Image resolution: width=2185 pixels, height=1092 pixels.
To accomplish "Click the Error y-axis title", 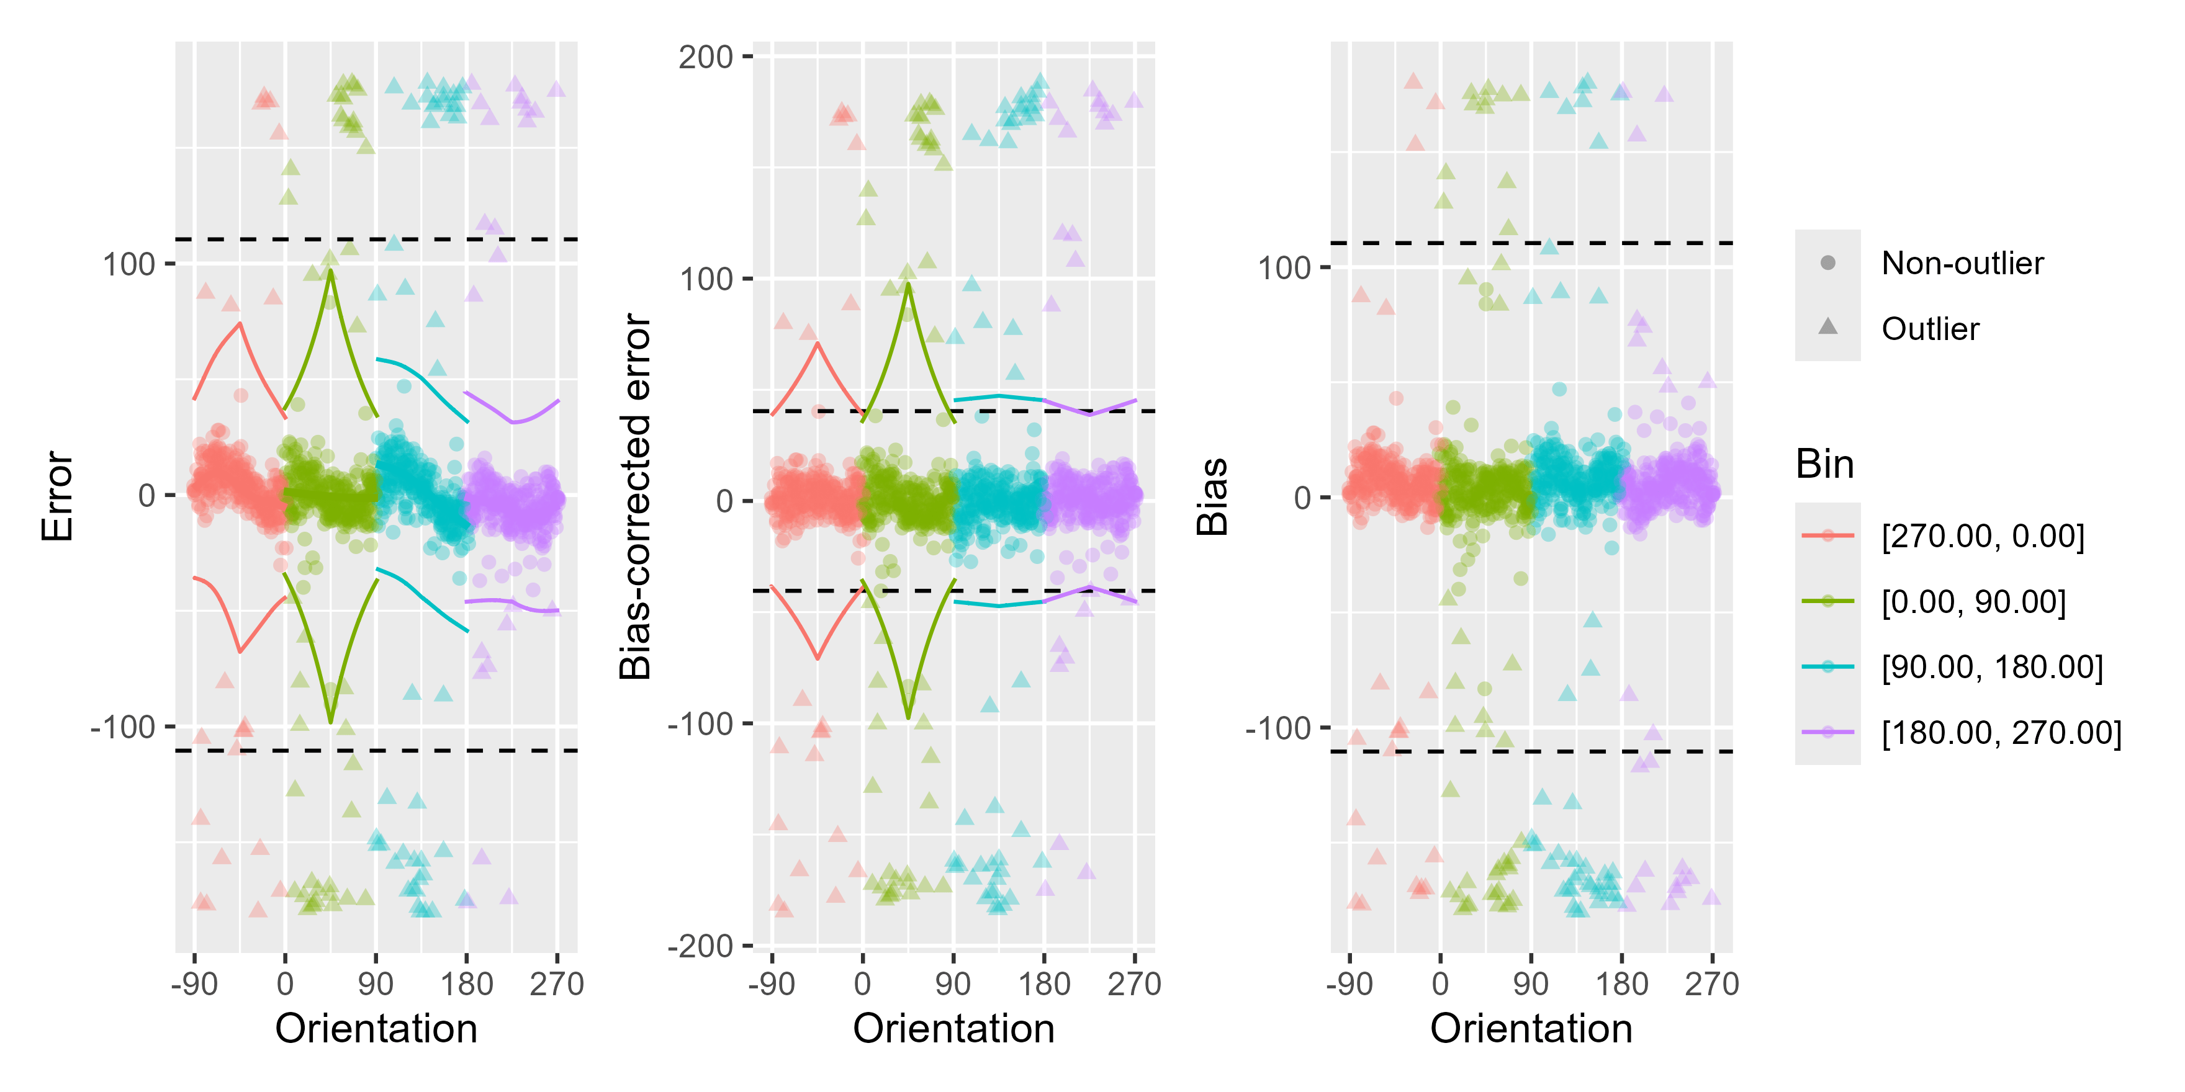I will tap(58, 496).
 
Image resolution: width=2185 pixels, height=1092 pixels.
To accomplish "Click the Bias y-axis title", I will tap(1212, 497).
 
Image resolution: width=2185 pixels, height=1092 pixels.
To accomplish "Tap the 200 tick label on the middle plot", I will tap(706, 57).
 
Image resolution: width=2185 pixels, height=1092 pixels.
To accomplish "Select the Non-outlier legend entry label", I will tap(1962, 264).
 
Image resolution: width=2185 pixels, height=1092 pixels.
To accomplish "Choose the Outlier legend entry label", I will tap(1930, 329).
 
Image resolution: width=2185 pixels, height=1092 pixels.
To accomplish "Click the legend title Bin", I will tap(1824, 465).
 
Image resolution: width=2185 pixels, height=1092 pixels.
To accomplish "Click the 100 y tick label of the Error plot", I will tap(129, 264).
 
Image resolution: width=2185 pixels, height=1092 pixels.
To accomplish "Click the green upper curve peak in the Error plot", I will tap(330, 271).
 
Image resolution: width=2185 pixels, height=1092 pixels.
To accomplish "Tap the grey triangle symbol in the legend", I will tap(1828, 327).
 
